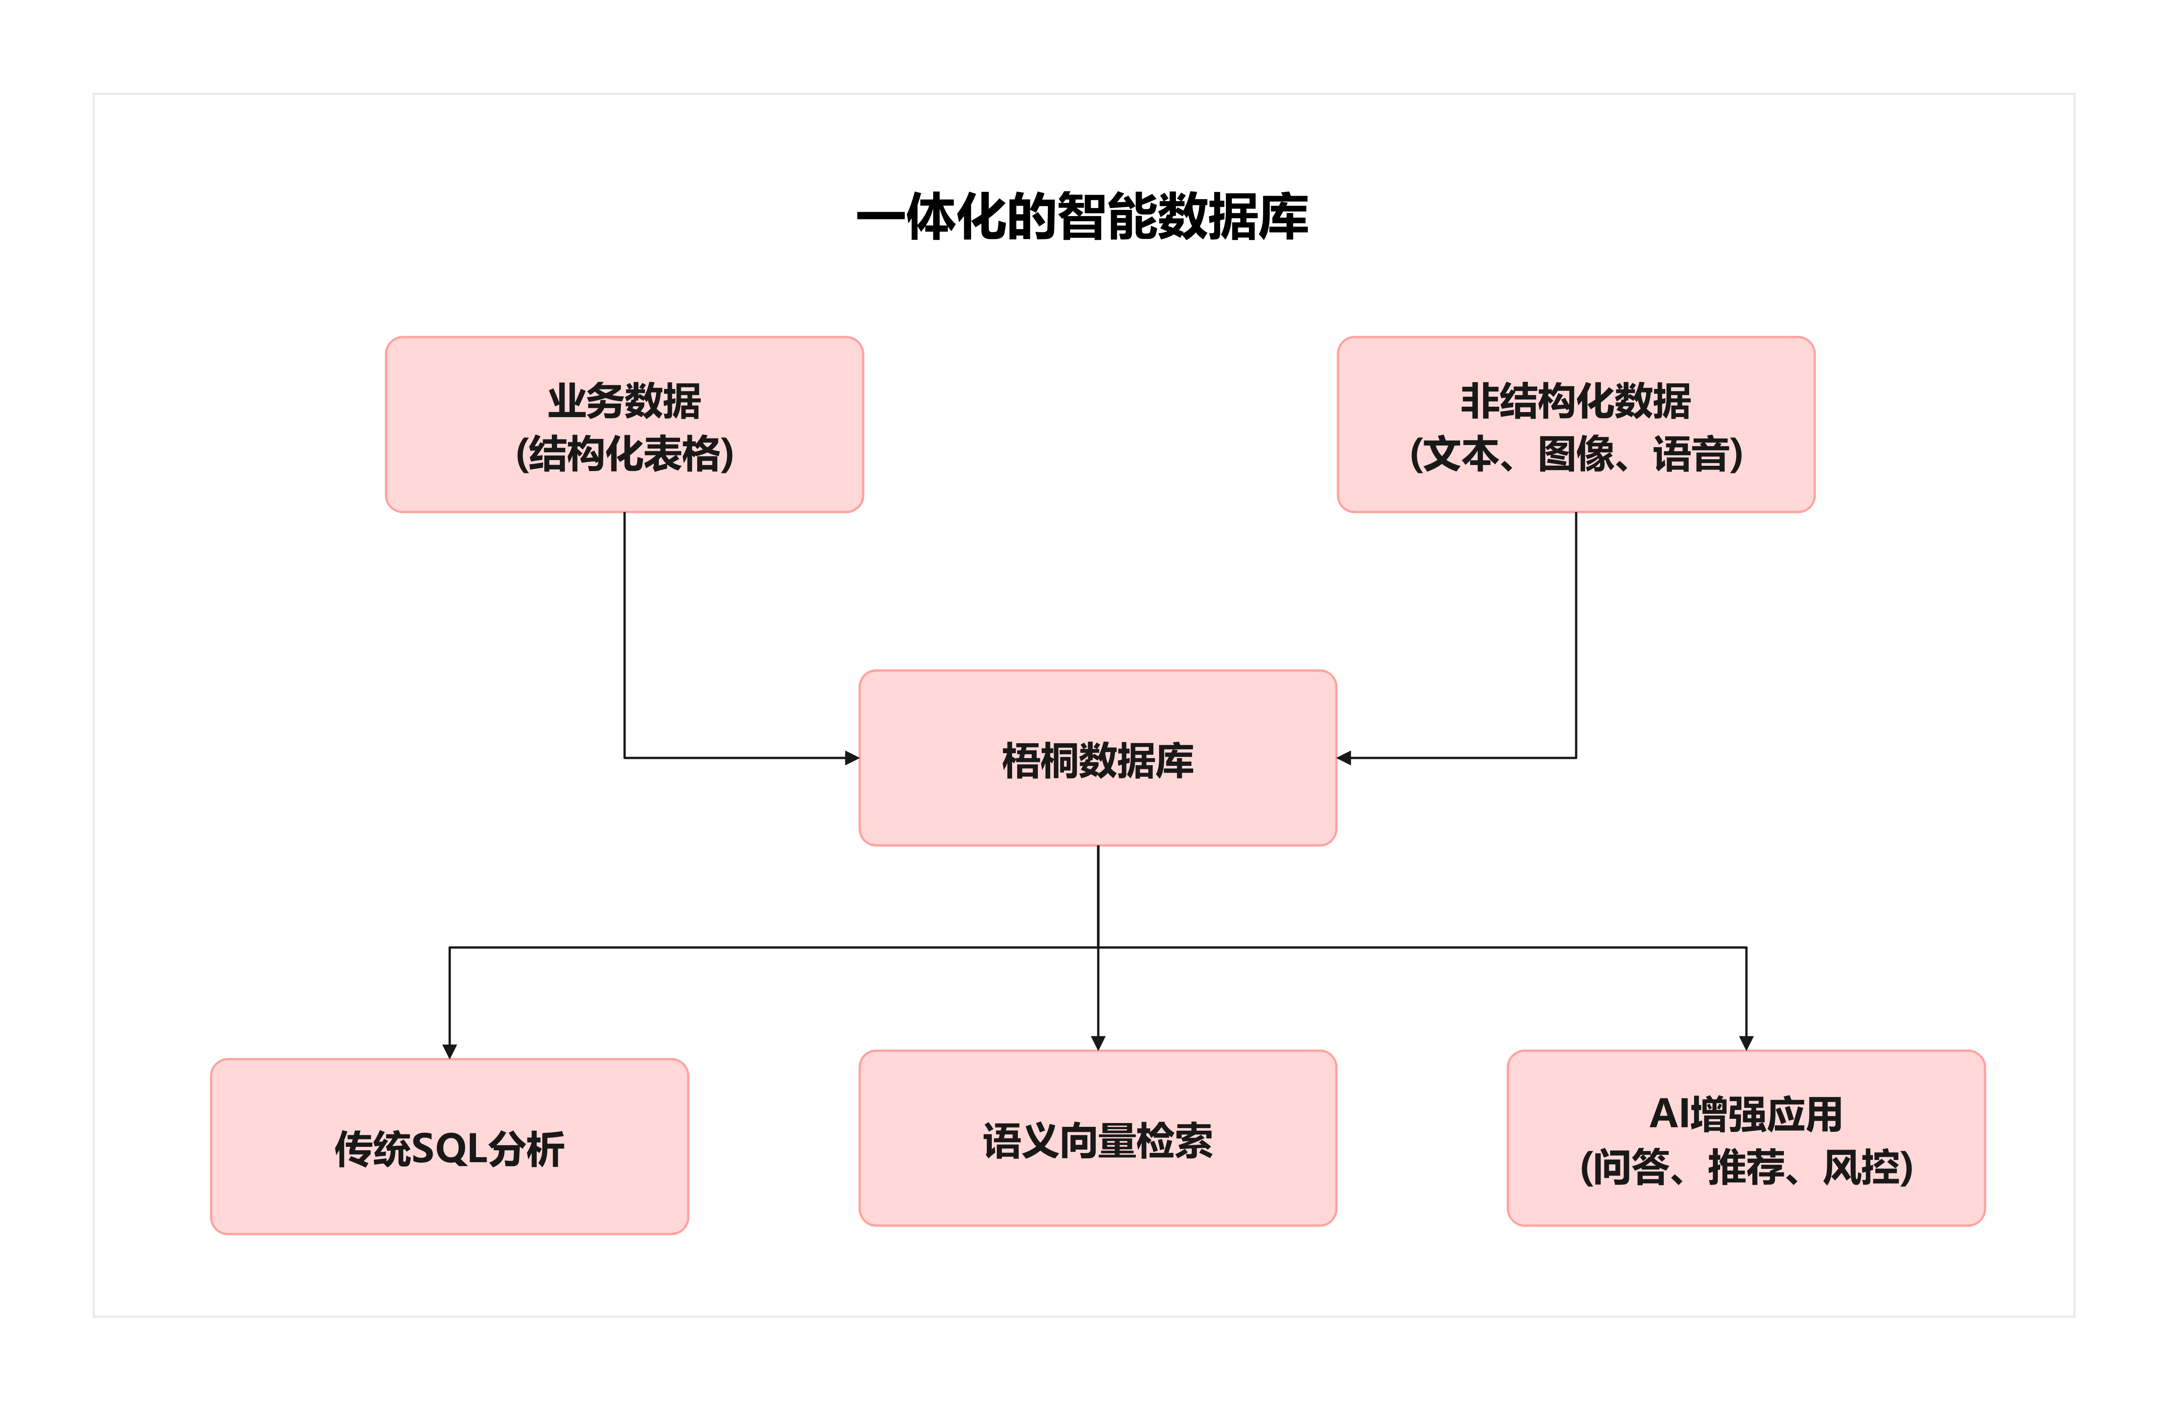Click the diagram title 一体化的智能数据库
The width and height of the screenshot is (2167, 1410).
[1082, 217]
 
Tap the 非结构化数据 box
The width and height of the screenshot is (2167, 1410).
[1575, 424]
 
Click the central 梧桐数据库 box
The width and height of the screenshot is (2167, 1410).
[1097, 758]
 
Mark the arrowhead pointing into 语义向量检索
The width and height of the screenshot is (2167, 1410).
[1098, 1043]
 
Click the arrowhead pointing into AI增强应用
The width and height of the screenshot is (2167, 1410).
[1745, 1043]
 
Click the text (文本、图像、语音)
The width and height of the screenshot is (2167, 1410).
[1575, 454]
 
